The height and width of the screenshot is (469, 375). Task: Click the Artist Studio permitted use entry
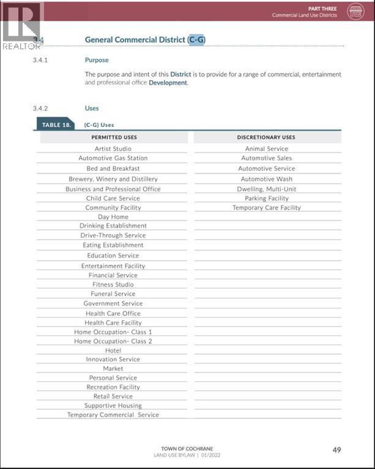pyautogui.click(x=113, y=148)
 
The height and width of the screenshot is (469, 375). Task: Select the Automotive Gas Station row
pyautogui.click(x=113, y=158)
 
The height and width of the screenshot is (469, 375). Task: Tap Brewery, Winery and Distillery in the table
pyautogui.click(x=113, y=179)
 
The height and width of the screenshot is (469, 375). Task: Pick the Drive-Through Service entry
pyautogui.click(x=113, y=235)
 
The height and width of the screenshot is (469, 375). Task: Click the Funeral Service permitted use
pyautogui.click(x=113, y=294)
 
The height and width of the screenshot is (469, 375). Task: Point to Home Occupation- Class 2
pyautogui.click(x=113, y=341)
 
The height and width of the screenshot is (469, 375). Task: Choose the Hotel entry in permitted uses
pyautogui.click(x=113, y=351)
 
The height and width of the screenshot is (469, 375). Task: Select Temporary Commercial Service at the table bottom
pyautogui.click(x=113, y=415)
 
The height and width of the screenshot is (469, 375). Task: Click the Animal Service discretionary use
pyautogui.click(x=267, y=148)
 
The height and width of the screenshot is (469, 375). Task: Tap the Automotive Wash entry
pyautogui.click(x=267, y=179)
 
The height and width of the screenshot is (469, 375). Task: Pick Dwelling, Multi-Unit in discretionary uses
pyautogui.click(x=267, y=189)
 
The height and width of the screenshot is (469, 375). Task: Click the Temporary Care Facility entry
pyautogui.click(x=267, y=208)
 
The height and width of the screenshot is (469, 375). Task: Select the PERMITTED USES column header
pyautogui.click(x=114, y=137)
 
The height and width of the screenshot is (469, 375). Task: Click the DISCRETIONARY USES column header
pyautogui.click(x=266, y=137)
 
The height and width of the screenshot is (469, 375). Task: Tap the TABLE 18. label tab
pyautogui.click(x=56, y=125)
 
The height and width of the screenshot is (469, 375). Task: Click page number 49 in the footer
pyautogui.click(x=336, y=450)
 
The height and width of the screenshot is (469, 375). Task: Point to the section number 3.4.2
pyautogui.click(x=40, y=108)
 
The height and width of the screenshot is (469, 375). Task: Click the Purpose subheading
pyautogui.click(x=97, y=60)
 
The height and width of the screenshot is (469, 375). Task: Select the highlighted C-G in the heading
pyautogui.click(x=196, y=40)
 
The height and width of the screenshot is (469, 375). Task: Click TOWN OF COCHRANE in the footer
pyautogui.click(x=188, y=449)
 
